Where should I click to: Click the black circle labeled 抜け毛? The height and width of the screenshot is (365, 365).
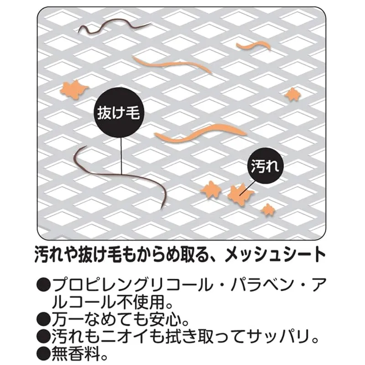coord(119,113)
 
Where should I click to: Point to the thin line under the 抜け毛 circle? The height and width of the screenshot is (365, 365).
coord(121,156)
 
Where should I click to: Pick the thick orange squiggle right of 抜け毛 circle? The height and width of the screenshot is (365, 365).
coord(201,133)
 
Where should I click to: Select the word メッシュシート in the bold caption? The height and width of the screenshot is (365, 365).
coord(276,254)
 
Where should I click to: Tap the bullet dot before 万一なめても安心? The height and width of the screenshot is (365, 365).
coord(44,321)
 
